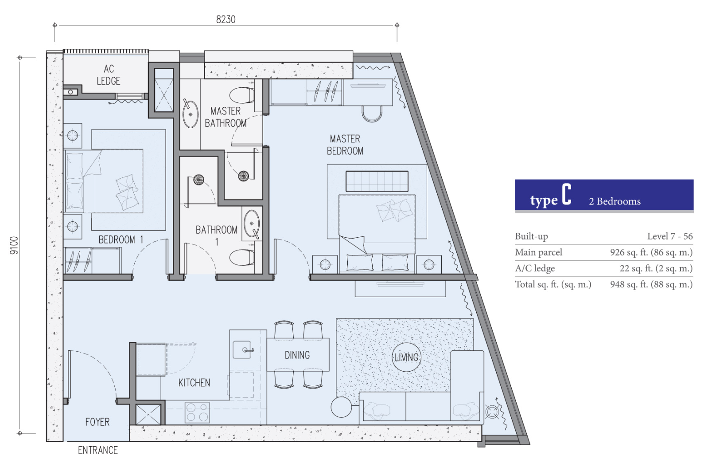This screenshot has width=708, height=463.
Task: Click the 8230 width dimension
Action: [226, 20]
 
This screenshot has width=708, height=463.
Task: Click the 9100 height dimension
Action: [14, 245]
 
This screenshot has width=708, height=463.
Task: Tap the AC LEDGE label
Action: [109, 75]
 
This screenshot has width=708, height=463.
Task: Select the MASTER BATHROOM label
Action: [226, 117]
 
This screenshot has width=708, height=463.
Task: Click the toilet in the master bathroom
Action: [242, 95]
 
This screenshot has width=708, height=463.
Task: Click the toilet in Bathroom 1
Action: [242, 257]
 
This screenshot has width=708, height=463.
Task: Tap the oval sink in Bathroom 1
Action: [252, 224]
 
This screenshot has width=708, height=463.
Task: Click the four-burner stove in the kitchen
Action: [197, 412]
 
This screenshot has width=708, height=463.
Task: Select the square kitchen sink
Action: [242, 350]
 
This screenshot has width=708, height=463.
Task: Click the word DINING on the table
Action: [297, 355]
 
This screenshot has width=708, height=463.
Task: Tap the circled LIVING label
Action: [406, 357]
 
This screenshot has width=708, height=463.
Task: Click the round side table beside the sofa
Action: [341, 407]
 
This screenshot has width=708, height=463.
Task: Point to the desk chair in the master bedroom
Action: [372, 114]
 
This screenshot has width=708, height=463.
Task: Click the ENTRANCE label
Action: [98, 450]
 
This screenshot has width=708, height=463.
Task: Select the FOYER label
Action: [97, 422]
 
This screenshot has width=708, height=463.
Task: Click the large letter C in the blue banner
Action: [566, 195]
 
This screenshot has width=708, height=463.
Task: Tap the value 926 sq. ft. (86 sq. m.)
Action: [651, 252]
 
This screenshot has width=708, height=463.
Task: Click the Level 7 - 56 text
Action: [670, 236]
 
